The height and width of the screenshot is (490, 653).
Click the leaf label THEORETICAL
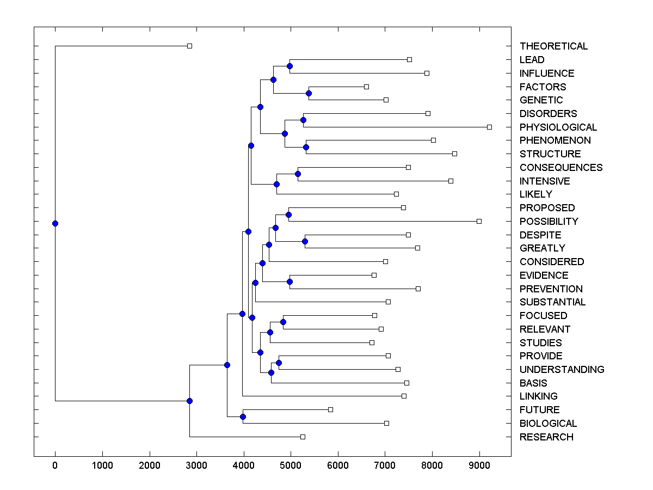(x=553, y=46)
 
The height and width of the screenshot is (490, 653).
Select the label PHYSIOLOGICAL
(x=558, y=127)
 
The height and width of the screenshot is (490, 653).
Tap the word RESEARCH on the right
(x=546, y=437)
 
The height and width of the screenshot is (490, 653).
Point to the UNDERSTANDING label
(x=562, y=370)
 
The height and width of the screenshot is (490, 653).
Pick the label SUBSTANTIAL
(x=552, y=302)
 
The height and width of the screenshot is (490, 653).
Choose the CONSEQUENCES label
(x=560, y=168)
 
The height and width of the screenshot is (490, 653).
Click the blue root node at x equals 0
(x=55, y=223)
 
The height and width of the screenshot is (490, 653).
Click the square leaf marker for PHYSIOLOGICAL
(x=489, y=127)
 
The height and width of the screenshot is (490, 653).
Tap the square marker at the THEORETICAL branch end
(x=189, y=46)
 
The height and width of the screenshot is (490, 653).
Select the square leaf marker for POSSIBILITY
(x=479, y=221)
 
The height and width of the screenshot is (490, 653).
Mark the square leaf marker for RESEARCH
(x=303, y=437)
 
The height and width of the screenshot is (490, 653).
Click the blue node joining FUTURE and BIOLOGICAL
(x=243, y=416)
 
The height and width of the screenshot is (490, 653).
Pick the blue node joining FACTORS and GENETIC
(x=309, y=93)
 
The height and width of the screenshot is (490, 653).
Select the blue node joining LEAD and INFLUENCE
(x=289, y=66)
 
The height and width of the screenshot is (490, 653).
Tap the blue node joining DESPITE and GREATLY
(x=305, y=241)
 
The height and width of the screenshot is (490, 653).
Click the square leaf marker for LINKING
(x=404, y=396)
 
